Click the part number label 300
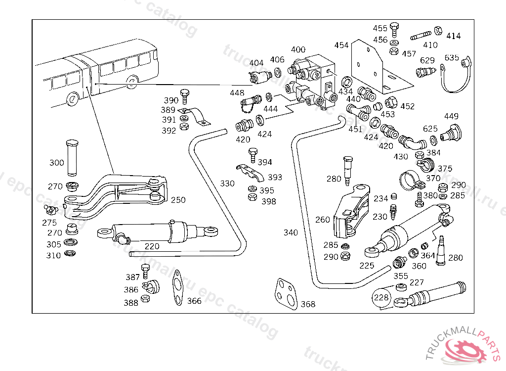pyautogui.click(x=56, y=163)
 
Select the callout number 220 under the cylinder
pyautogui.click(x=152, y=246)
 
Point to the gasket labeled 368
pyautogui.click(x=286, y=293)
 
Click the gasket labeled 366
pyautogui.click(x=176, y=288)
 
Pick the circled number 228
pyautogui.click(x=381, y=298)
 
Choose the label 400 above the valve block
pyautogui.click(x=298, y=49)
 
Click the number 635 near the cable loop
pyautogui.click(x=452, y=57)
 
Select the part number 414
pyautogui.click(x=453, y=36)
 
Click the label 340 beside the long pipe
pyautogui.click(x=291, y=232)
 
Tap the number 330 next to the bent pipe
pyautogui.click(x=227, y=184)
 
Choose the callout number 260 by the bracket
pyautogui.click(x=322, y=220)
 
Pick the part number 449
pyautogui.click(x=451, y=116)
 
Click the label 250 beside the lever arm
pyautogui.click(x=178, y=200)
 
